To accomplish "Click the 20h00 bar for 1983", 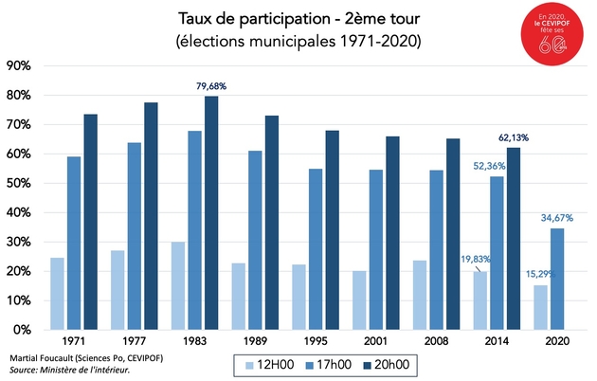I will tap(210, 212).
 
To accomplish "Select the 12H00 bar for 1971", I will tap(57, 294).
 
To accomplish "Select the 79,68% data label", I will tap(210, 86).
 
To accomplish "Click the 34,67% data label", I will tap(555, 218).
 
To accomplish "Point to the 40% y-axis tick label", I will tap(20, 212).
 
